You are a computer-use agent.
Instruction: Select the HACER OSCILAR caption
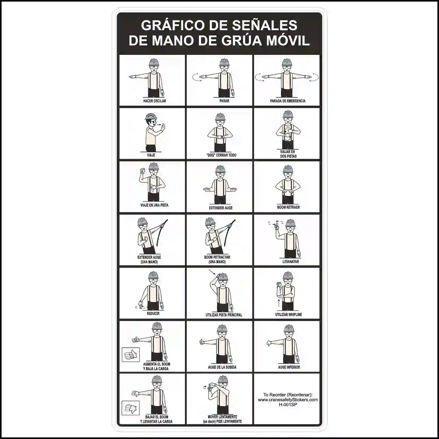click(154, 101)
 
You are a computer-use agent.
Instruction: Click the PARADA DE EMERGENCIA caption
click(288, 101)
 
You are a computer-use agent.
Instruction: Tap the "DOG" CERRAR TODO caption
click(221, 155)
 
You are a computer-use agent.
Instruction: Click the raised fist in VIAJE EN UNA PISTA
click(142, 170)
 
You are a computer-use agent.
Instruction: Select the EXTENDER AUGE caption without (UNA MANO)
click(221, 208)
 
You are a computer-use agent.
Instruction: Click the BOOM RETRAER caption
click(288, 207)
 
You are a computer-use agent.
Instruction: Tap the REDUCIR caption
click(153, 313)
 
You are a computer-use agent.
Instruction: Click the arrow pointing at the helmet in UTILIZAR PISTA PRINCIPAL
click(212, 273)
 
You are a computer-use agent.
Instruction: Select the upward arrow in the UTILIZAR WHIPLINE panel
click(279, 303)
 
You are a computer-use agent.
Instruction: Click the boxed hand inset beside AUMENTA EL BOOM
click(131, 355)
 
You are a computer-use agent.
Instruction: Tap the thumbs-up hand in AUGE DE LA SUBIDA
click(202, 342)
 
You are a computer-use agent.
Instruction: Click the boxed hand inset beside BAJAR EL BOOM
click(131, 408)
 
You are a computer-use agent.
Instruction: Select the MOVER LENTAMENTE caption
click(222, 417)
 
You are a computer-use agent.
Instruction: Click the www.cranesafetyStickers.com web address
click(288, 400)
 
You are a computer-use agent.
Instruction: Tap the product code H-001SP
click(288, 405)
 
